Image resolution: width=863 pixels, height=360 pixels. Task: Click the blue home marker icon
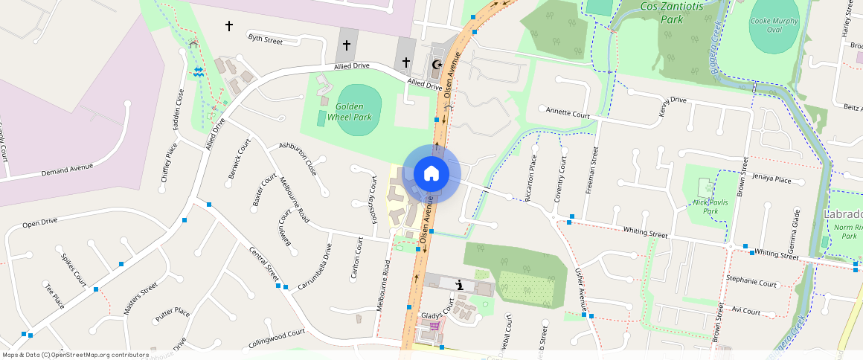pos(431,174)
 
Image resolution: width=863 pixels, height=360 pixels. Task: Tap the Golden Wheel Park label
pos(353,112)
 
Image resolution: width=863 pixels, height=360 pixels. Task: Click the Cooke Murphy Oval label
pos(774,25)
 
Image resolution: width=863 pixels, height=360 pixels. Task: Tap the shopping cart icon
pos(434,326)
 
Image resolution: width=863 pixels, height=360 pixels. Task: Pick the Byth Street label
pos(266,39)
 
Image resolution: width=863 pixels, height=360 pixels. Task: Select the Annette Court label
pos(568,113)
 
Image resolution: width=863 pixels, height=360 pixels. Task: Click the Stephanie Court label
pos(751,283)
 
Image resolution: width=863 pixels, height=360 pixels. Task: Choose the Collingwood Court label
pos(277,339)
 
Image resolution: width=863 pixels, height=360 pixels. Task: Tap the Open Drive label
pos(39,222)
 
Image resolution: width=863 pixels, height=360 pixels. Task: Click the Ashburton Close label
pos(298,158)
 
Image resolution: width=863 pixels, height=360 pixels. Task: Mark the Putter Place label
pos(172,314)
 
